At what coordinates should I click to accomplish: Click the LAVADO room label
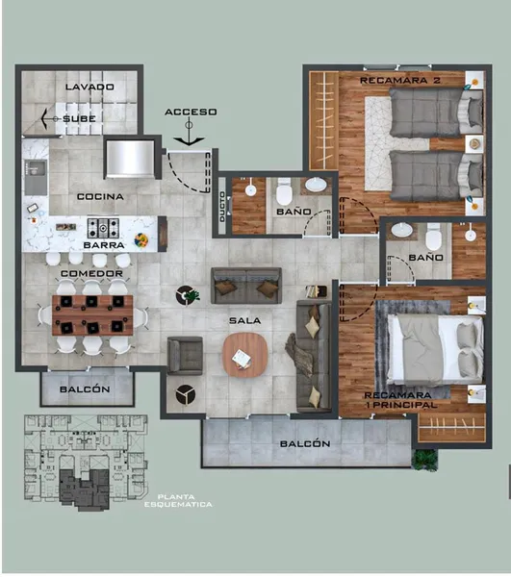(x=89, y=87)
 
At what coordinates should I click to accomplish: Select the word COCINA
(x=100, y=196)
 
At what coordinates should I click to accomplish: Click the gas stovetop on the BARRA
(x=103, y=228)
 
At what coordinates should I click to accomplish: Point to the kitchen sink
(x=36, y=177)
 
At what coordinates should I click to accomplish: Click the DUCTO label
(x=222, y=207)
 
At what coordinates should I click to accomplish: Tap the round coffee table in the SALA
(x=244, y=354)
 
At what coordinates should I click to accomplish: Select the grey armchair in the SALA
(x=185, y=356)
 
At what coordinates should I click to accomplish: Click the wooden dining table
(x=92, y=315)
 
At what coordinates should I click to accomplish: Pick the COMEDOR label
(x=91, y=273)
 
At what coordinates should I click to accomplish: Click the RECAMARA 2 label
(x=400, y=80)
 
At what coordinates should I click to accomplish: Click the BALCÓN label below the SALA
(x=305, y=443)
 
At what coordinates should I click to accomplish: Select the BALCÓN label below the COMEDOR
(x=85, y=389)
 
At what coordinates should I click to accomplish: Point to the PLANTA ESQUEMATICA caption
(x=178, y=501)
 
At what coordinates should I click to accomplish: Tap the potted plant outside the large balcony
(x=425, y=460)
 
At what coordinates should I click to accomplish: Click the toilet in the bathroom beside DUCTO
(x=284, y=191)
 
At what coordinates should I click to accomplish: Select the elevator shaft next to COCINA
(x=130, y=159)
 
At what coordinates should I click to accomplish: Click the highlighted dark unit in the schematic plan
(x=85, y=489)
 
